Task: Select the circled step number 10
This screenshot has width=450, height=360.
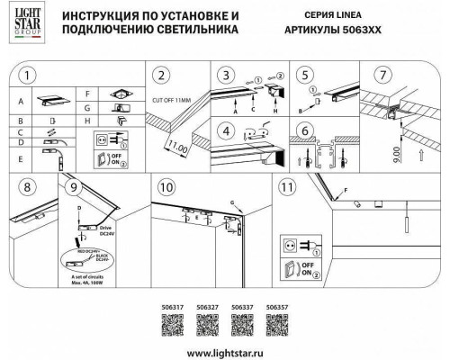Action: click(x=164, y=188)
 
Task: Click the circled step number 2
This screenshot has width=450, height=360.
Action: click(x=163, y=75)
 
